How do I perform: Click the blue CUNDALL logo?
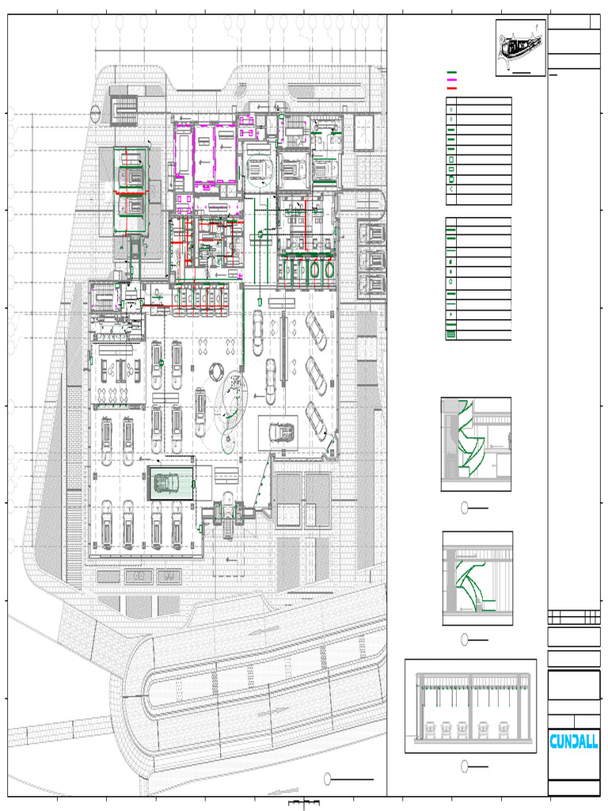click(574, 741)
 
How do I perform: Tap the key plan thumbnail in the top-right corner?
click(520, 48)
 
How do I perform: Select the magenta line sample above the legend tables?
click(452, 81)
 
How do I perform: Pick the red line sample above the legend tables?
click(452, 88)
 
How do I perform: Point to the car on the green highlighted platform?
click(167, 482)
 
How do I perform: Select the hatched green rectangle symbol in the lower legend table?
click(451, 334)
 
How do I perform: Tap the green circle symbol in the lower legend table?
click(451, 281)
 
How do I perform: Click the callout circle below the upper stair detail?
click(466, 508)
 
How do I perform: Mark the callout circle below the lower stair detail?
click(466, 639)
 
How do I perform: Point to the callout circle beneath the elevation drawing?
click(466, 765)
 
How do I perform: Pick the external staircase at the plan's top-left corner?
click(123, 109)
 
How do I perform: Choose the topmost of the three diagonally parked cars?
click(315, 329)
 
